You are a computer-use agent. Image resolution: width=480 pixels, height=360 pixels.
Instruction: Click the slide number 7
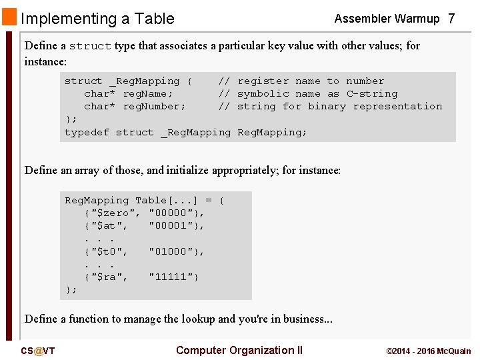pyautogui.click(x=451, y=19)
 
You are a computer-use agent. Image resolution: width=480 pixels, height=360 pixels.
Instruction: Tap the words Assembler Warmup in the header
pyautogui.click(x=387, y=19)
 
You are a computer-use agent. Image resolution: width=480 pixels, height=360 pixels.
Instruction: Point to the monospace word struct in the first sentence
pyautogui.click(x=90, y=46)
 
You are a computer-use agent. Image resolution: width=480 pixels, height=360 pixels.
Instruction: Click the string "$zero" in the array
pyautogui.click(x=113, y=213)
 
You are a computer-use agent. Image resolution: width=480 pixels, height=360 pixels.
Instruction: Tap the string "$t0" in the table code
pyautogui.click(x=107, y=251)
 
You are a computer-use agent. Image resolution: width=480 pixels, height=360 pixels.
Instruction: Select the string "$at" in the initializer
pyautogui.click(x=107, y=225)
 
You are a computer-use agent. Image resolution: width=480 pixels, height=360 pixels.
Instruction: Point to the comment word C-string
pyautogui.click(x=371, y=93)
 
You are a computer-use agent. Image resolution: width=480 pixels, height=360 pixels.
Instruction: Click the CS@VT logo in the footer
pyautogui.click(x=37, y=351)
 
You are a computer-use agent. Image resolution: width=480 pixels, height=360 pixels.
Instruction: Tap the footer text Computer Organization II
pyautogui.click(x=239, y=350)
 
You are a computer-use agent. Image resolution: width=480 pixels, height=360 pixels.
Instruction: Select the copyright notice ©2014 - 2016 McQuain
pyautogui.click(x=428, y=351)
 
